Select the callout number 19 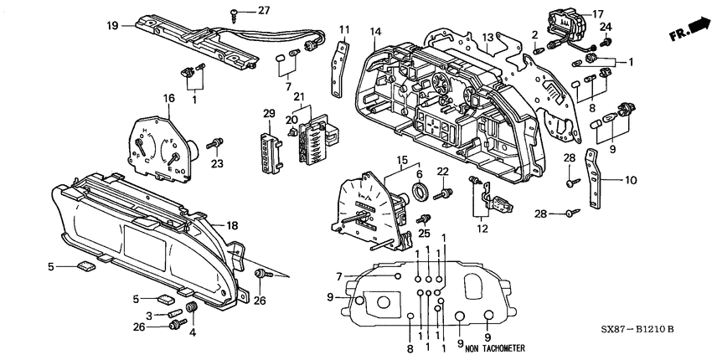(x=112, y=26)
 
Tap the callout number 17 (x=598, y=13)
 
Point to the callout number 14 (x=376, y=32)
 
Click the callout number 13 (x=488, y=38)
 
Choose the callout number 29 (x=270, y=113)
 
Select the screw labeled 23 (x=218, y=144)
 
